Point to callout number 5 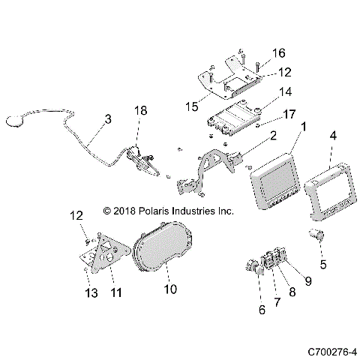[323, 263]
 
